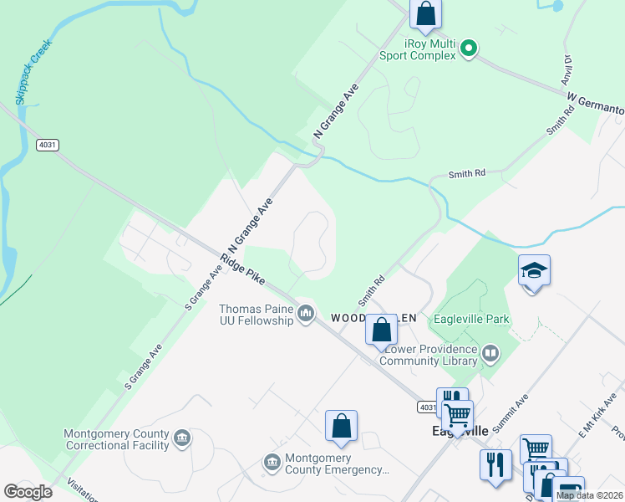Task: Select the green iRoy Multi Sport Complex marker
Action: point(469,49)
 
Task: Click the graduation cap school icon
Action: point(534,271)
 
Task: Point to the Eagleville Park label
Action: point(470,320)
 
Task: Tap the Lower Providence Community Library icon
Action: point(490,355)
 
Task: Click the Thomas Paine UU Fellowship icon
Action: point(306,314)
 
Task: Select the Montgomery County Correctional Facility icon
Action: point(181,438)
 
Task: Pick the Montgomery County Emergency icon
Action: point(272,462)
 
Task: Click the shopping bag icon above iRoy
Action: point(425,14)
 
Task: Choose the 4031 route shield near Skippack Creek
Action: point(48,145)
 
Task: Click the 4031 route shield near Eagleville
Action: point(426,407)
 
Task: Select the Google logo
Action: point(28,491)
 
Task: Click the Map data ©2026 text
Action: point(589,495)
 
